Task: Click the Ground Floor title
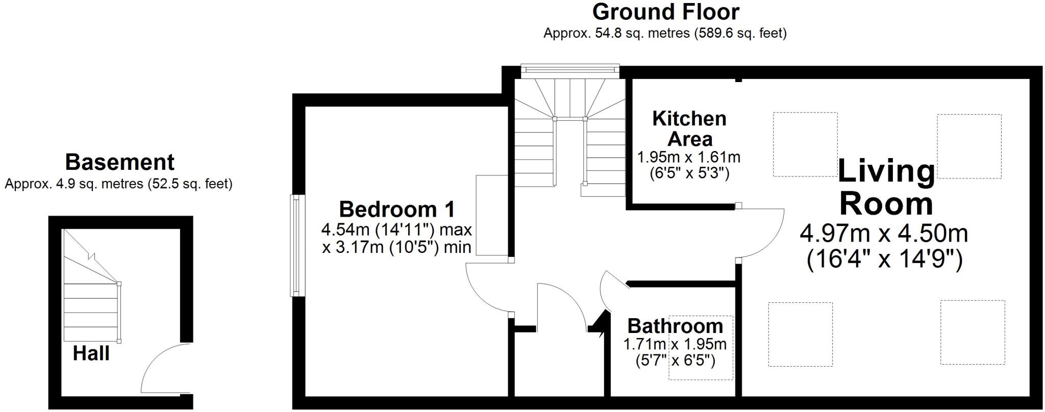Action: pos(665,12)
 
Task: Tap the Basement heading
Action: pos(119,162)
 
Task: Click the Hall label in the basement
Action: pos(91,353)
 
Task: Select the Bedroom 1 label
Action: pos(397,209)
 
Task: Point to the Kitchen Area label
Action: pos(689,128)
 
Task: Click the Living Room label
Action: pos(886,187)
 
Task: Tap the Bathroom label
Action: pos(675,325)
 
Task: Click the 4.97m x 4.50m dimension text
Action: pos(884,234)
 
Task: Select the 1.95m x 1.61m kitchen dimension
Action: pos(689,157)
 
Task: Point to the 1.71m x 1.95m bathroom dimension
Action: pos(675,344)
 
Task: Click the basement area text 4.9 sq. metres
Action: pos(118,184)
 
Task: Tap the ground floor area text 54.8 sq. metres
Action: pos(665,34)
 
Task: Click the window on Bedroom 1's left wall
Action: pos(295,245)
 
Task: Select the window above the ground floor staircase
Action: pos(570,71)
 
